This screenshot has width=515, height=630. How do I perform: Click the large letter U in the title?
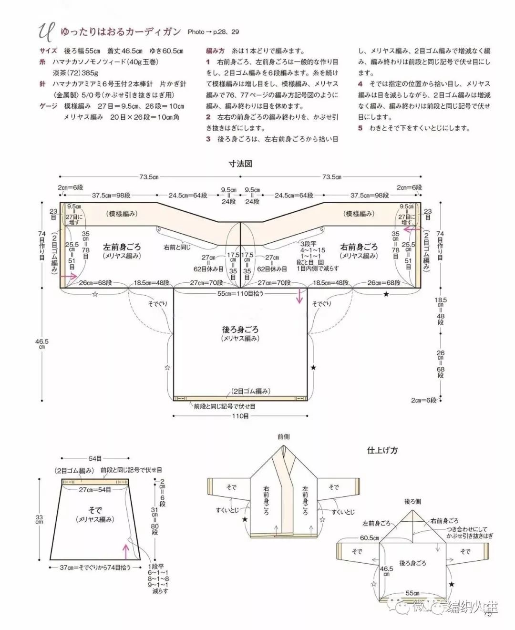click(x=45, y=32)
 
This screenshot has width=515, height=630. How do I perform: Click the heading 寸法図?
click(x=240, y=164)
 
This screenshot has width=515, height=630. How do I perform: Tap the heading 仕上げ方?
click(x=382, y=450)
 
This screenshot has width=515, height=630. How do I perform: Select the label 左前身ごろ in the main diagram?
click(x=122, y=247)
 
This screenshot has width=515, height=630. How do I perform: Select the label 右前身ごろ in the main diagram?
click(x=359, y=247)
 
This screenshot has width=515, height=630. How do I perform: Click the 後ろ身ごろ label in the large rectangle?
click(x=240, y=330)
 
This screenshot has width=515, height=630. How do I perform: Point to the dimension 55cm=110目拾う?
click(x=240, y=293)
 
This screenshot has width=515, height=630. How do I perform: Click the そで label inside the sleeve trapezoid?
click(x=95, y=510)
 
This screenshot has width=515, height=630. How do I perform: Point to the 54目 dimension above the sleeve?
click(x=95, y=459)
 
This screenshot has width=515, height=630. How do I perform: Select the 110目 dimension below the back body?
click(x=240, y=416)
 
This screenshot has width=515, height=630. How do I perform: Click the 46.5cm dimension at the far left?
click(x=41, y=344)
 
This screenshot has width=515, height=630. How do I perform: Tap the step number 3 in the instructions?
click(x=208, y=139)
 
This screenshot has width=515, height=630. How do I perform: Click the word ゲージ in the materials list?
click(x=48, y=106)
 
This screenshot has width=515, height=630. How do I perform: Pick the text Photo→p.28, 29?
click(x=213, y=32)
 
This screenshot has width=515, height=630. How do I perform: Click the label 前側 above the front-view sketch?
click(x=283, y=436)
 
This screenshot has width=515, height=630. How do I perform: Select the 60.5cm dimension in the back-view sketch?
click(x=369, y=538)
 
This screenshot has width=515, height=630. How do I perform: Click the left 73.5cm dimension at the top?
click(x=149, y=177)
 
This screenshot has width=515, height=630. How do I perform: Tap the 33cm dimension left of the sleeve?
click(x=39, y=519)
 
